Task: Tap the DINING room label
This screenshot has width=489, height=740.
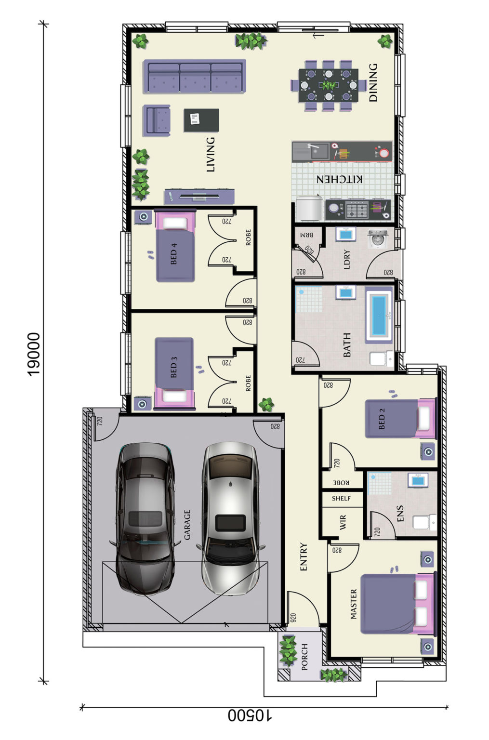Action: [373, 82]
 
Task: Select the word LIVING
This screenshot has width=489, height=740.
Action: [211, 155]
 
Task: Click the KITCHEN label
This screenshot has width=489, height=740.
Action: [339, 179]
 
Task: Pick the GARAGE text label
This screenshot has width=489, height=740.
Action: [187, 525]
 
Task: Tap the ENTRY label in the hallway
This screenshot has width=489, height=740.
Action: [304, 556]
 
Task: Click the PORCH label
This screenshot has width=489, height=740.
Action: [304, 657]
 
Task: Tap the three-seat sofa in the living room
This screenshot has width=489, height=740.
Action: [195, 77]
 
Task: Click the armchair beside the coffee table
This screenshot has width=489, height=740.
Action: [157, 120]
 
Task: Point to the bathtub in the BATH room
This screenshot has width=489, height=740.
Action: [379, 315]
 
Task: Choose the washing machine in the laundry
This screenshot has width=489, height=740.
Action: [377, 238]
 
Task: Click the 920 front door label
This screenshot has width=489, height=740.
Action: [293, 618]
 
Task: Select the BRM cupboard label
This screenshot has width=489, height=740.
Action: [306, 235]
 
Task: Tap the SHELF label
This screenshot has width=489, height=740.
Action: [341, 499]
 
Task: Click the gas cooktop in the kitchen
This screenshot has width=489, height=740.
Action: [357, 210]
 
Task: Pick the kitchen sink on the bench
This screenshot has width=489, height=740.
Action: [318, 151]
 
